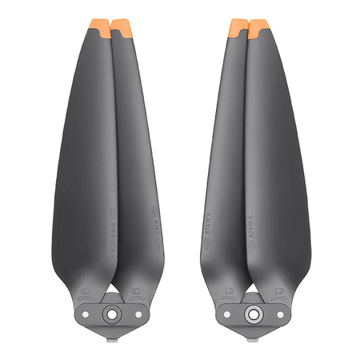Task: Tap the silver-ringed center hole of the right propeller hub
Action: (253, 314)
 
